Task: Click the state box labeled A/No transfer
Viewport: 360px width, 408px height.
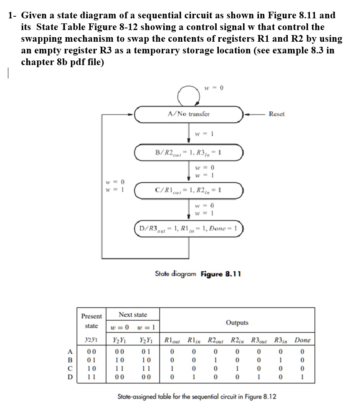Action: [188, 113]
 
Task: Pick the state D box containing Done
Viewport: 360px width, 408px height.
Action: [188, 229]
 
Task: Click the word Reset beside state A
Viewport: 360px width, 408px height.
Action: [277, 114]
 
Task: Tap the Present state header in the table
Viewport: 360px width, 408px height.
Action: [91, 321]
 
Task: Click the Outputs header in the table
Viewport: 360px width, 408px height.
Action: [237, 322]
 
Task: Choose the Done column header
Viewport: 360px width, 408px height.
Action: [302, 340]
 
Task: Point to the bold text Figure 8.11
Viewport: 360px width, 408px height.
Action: [221, 274]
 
